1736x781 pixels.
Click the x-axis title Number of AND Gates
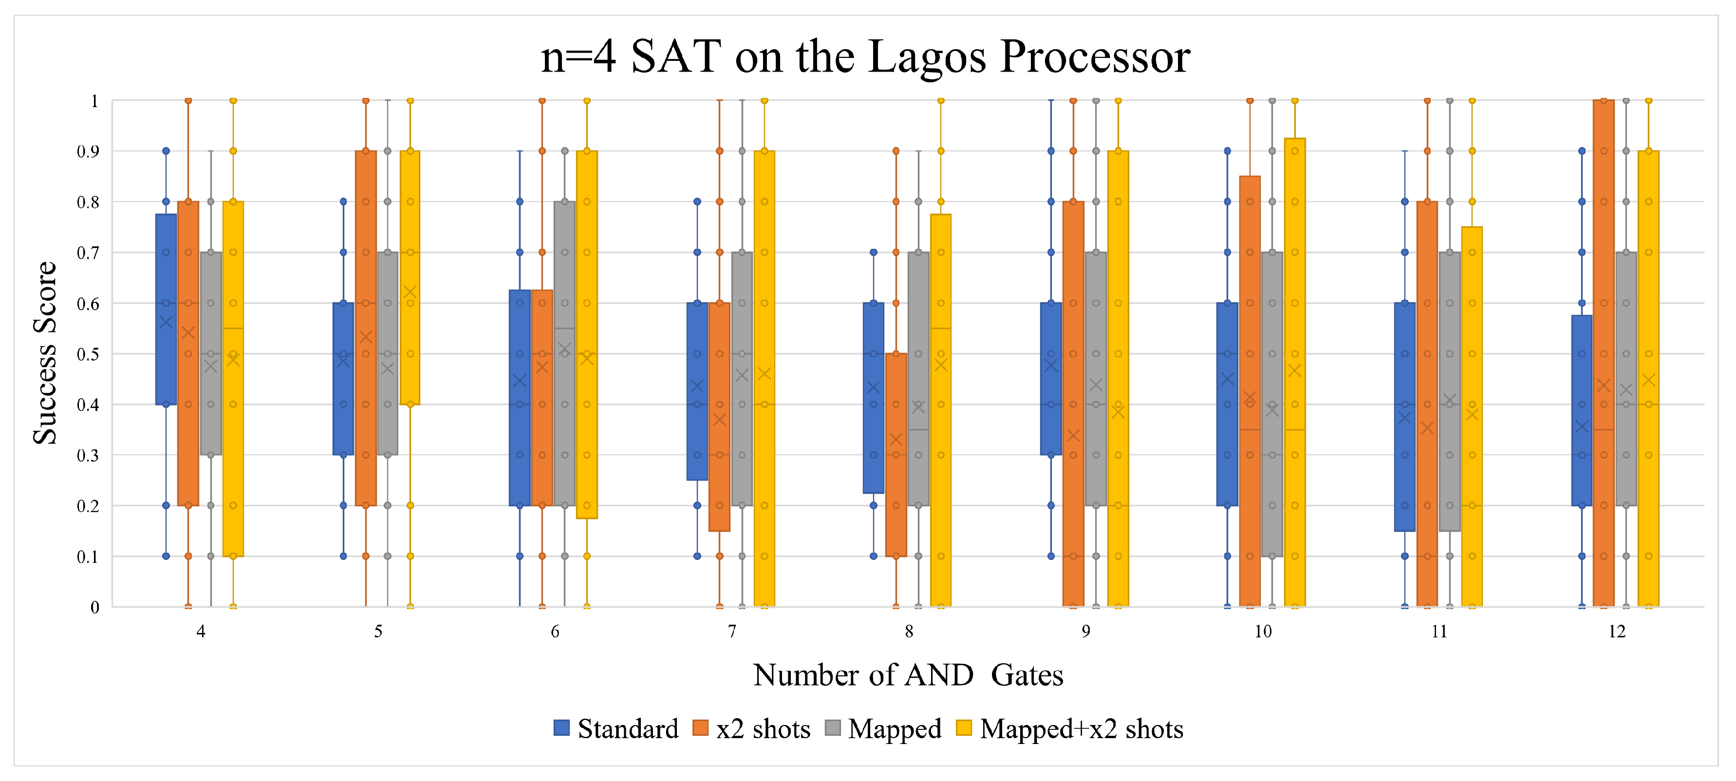pyautogui.click(x=908, y=674)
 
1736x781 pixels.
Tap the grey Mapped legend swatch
pyautogui.click(x=833, y=728)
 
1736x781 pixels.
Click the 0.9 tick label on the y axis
pyautogui.click(x=88, y=151)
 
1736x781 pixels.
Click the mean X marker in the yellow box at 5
pyautogui.click(x=410, y=292)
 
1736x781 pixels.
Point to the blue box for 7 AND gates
pyautogui.click(x=697, y=438)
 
